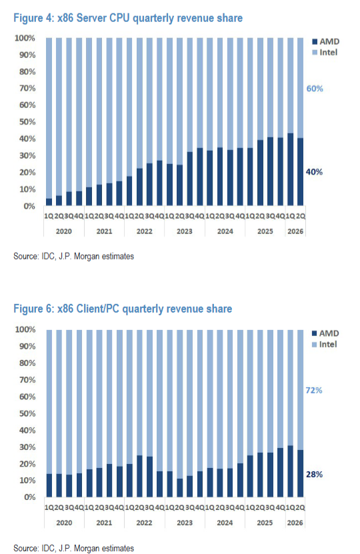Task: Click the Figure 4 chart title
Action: click(128, 18)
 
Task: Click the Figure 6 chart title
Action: click(123, 309)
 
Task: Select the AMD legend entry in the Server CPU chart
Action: click(326, 42)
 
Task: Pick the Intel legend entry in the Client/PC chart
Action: click(324, 345)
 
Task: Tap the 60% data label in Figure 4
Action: click(315, 89)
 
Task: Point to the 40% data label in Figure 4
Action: click(314, 172)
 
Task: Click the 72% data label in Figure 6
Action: click(314, 391)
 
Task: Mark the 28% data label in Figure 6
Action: click(314, 475)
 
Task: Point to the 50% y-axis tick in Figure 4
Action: click(27, 122)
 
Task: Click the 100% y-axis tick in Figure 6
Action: click(25, 329)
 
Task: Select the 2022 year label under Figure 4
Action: click(144, 231)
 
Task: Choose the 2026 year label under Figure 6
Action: click(295, 523)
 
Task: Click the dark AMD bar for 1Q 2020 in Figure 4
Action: click(49, 202)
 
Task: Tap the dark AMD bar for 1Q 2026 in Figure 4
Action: click(290, 169)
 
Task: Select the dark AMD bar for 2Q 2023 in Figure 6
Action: click(180, 488)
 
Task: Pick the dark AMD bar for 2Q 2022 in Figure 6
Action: click(139, 476)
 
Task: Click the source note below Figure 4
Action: click(73, 256)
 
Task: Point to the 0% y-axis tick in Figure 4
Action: click(30, 207)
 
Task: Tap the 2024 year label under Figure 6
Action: click(225, 523)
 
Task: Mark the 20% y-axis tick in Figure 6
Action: click(27, 464)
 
